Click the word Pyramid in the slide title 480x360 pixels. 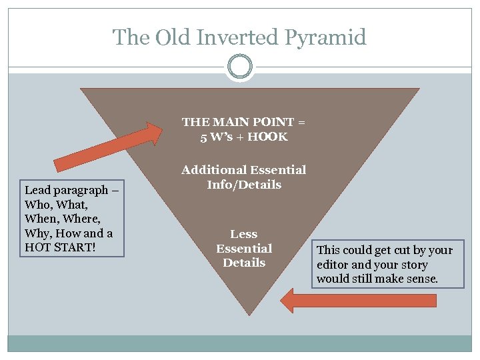point(325,37)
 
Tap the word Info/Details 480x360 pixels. point(244,185)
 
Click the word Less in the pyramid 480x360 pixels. point(244,234)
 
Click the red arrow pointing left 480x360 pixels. point(359,301)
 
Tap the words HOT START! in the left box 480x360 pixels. point(57,247)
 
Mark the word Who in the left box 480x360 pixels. point(35,205)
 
